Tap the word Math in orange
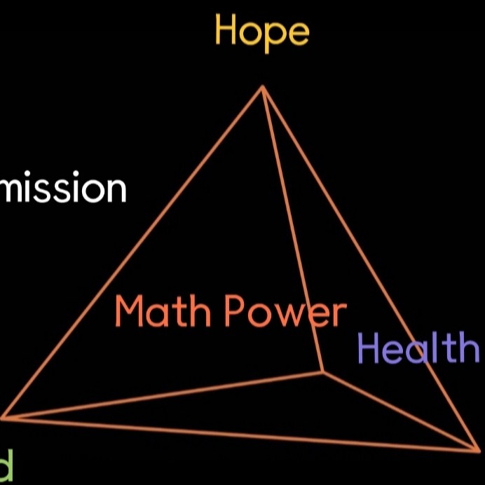point(163,311)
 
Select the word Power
point(286,313)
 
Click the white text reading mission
point(63,189)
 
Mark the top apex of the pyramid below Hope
point(263,87)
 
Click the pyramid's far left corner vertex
point(3,418)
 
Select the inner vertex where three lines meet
point(322,372)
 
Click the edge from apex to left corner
point(133,252)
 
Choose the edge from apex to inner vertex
point(292,229)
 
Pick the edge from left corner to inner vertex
point(163,395)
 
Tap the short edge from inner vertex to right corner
point(399,410)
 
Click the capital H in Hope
point(226,30)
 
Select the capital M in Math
point(131,311)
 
